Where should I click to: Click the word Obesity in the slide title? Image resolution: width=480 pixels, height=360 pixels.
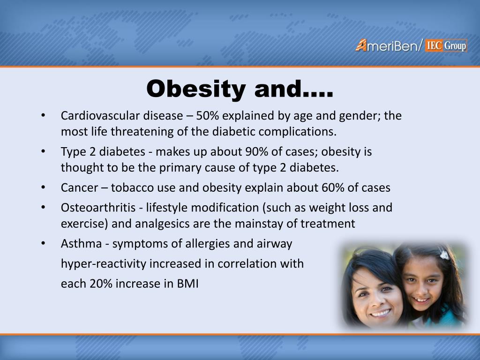tap(196, 89)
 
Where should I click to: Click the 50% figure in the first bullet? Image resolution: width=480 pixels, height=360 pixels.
tap(207, 116)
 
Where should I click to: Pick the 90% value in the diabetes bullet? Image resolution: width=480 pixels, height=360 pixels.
tap(257, 151)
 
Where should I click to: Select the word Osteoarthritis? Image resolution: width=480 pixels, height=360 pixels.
tap(98, 208)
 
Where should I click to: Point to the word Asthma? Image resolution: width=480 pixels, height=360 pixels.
tap(81, 244)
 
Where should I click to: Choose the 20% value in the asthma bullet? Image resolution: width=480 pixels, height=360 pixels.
tap(101, 284)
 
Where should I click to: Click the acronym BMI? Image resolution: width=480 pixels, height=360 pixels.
tap(187, 284)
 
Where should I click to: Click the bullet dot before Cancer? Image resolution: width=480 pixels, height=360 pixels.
tap(43, 187)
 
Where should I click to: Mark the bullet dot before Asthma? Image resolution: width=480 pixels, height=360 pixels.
tap(43, 243)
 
